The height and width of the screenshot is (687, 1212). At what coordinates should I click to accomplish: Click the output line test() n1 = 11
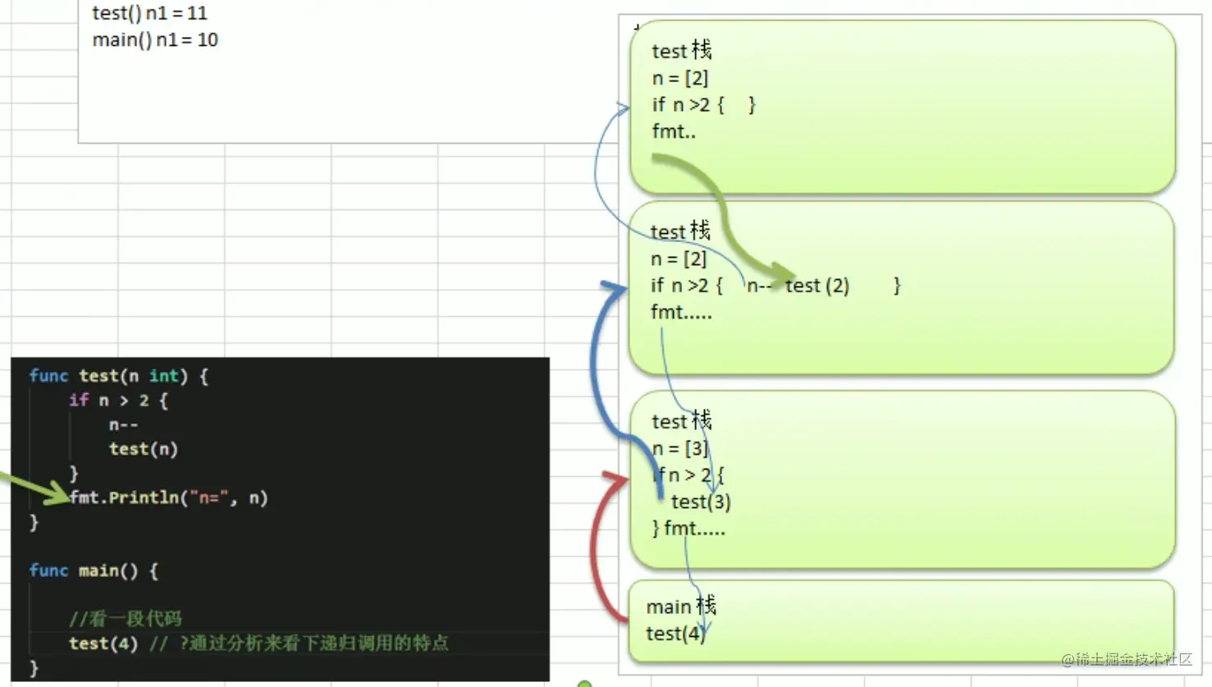pos(149,13)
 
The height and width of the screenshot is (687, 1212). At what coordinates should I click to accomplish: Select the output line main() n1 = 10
pos(155,40)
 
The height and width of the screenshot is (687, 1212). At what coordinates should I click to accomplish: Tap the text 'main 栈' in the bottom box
pos(681,607)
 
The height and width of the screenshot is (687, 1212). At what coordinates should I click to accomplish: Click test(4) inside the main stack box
pos(675,634)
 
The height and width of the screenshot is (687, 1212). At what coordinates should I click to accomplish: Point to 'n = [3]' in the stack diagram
pos(679,448)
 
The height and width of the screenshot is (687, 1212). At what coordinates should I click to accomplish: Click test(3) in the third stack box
pos(701,502)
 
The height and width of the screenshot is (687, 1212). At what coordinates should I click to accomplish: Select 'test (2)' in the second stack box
pos(817,286)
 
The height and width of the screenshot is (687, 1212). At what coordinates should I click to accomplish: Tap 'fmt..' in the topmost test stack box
pos(674,131)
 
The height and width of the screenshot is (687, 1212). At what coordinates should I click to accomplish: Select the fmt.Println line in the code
pos(169,497)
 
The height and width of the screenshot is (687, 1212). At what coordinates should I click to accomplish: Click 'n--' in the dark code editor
pos(124,424)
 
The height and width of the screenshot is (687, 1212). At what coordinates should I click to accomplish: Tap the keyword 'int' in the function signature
pos(163,376)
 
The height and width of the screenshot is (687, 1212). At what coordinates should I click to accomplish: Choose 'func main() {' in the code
pos(94,570)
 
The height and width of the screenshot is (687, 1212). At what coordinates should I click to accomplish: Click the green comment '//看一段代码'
pos(126,618)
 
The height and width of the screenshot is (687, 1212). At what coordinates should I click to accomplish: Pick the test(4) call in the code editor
pos(103,643)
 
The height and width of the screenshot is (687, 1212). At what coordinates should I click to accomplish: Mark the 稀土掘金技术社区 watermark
pos(1126,659)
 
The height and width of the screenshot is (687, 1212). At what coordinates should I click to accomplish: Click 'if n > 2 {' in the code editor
pos(118,401)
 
